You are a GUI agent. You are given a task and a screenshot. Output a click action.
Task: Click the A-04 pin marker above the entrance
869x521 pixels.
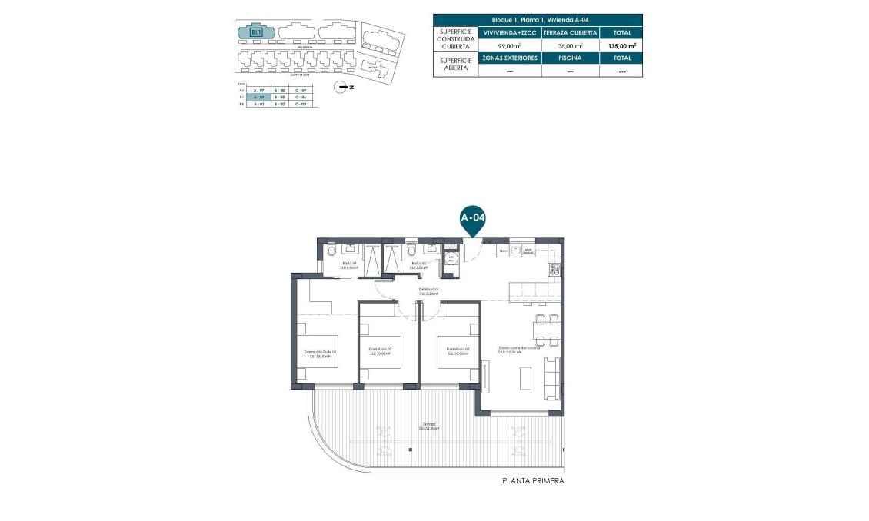click(x=473, y=218)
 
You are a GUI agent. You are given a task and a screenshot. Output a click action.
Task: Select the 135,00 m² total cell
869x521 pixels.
click(x=621, y=46)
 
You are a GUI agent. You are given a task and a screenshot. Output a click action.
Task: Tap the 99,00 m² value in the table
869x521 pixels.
click(x=509, y=46)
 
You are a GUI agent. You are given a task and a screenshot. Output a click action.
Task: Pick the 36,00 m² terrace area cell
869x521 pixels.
click(x=570, y=46)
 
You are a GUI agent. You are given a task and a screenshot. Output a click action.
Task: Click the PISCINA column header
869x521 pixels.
click(x=570, y=58)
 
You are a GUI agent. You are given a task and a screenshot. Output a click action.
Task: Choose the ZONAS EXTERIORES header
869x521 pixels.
click(x=509, y=58)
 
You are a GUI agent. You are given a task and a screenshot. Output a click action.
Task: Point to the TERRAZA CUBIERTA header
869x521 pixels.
click(x=570, y=33)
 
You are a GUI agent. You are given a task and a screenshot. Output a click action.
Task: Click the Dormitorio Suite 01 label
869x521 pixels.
click(x=323, y=353)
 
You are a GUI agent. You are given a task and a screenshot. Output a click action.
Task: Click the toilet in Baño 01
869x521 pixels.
click(x=331, y=251)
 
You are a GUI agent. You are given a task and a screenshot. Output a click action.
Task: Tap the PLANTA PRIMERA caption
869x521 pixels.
click(x=533, y=481)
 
